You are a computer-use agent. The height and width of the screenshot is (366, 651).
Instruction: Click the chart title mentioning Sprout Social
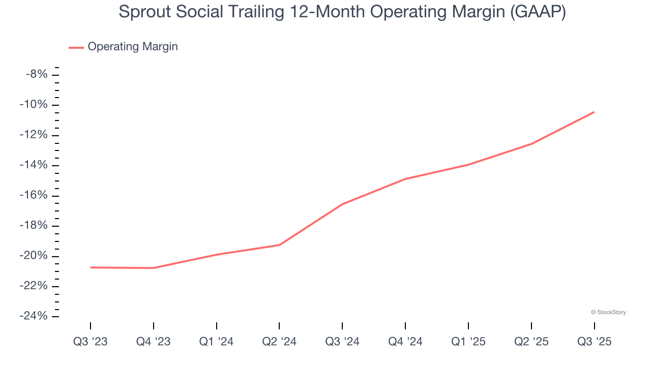pyautogui.click(x=342, y=12)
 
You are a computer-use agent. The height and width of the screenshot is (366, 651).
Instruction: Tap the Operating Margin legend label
pyautogui.click(x=133, y=47)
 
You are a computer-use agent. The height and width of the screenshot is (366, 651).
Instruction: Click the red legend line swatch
pyautogui.click(x=76, y=47)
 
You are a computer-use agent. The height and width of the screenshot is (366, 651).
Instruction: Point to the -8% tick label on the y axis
pyautogui.click(x=37, y=75)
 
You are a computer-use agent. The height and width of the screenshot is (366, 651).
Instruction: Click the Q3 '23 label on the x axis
pyautogui.click(x=91, y=342)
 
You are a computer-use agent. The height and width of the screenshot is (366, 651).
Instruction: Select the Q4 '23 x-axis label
pyautogui.click(x=153, y=342)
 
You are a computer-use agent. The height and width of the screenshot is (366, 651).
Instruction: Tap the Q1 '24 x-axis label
pyautogui.click(x=217, y=342)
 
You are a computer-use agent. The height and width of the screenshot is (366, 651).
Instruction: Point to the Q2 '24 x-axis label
pyautogui.click(x=279, y=342)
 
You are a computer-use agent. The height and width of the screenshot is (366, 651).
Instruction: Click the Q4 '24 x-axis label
pyautogui.click(x=405, y=342)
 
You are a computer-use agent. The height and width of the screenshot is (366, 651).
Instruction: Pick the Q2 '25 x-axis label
pyautogui.click(x=531, y=342)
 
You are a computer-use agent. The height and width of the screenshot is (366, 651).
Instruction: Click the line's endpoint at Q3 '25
pyautogui.click(x=594, y=112)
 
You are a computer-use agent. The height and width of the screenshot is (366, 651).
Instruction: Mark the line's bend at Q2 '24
pyautogui.click(x=279, y=245)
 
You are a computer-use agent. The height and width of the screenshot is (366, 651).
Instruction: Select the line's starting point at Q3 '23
pyautogui.click(x=91, y=267)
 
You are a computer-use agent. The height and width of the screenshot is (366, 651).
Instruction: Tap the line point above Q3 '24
pyautogui.click(x=342, y=204)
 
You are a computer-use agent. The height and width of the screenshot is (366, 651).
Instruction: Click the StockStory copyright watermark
pyautogui.click(x=608, y=312)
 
